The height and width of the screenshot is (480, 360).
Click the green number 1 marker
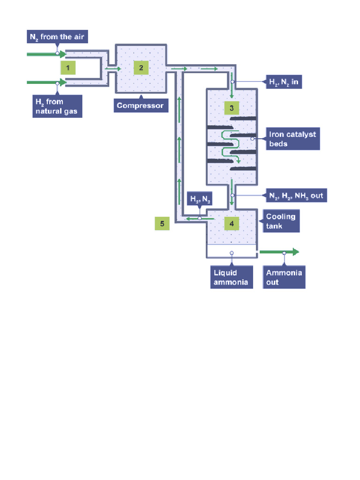coord(67,68)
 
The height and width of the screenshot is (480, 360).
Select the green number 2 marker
coord(141,68)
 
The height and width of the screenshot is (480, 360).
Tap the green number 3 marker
coord(232,108)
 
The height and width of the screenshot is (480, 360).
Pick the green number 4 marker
coord(232,224)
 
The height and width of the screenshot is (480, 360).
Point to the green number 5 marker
coord(162,224)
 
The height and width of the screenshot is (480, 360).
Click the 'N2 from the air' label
coord(57,37)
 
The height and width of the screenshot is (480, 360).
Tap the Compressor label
coord(140,105)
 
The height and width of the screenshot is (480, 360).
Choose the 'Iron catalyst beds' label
coord(292,139)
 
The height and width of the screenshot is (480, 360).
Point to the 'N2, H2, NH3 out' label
coord(295,195)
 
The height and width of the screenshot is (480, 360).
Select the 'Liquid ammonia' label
coord(231,277)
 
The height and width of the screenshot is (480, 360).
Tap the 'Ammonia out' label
coord(284,277)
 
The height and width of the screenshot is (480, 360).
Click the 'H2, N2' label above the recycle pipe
coord(200,199)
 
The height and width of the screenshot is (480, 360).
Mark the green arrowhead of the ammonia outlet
coord(295,252)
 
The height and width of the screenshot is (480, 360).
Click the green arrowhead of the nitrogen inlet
coord(62,54)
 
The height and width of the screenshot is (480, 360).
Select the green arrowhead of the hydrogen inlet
coord(62,83)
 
